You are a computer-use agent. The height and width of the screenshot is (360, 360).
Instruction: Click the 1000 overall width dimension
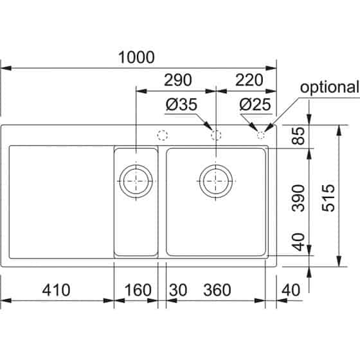(136, 57)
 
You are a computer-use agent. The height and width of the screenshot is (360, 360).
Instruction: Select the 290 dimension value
(178, 80)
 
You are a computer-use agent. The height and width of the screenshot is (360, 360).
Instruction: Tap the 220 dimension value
(249, 80)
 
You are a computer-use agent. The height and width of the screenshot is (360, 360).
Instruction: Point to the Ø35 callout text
(181, 104)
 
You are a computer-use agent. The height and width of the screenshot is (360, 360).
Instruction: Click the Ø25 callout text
(255, 104)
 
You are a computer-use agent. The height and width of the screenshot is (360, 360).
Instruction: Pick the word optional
(329, 87)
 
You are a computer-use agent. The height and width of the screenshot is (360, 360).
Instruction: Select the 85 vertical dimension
(298, 136)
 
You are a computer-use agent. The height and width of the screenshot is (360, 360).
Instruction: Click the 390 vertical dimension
(298, 198)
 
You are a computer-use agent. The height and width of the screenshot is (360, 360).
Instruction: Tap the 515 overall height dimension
(328, 198)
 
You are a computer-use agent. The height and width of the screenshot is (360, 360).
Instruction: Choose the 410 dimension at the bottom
(56, 290)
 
